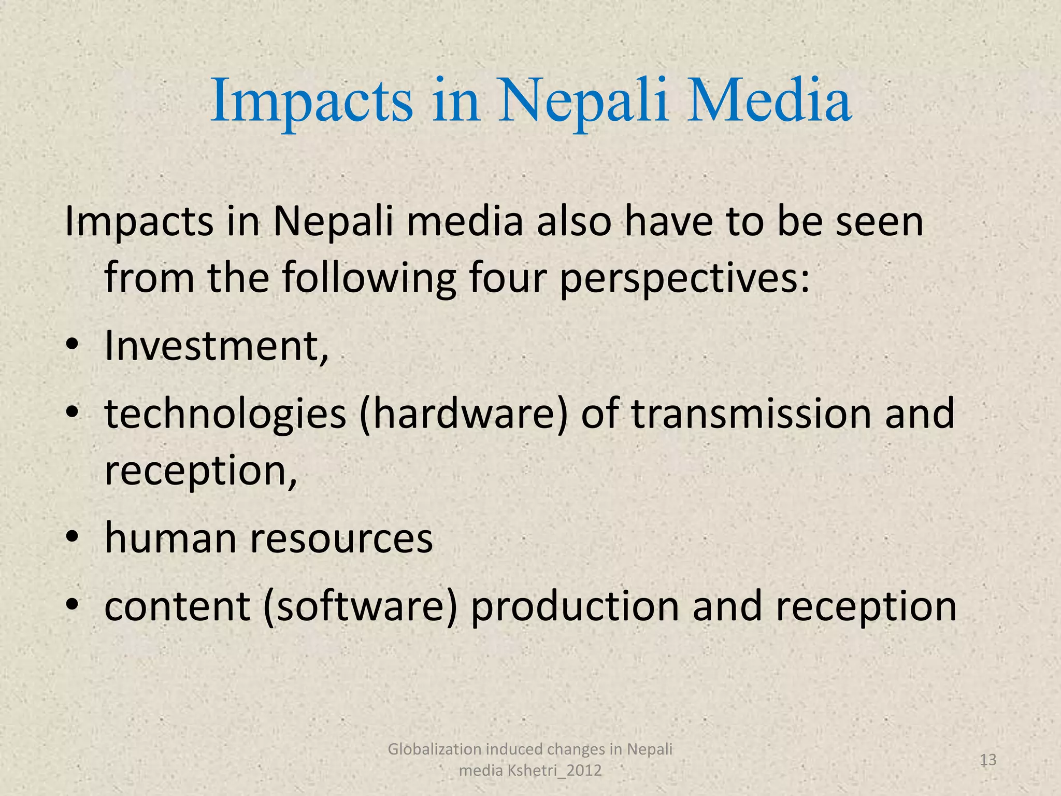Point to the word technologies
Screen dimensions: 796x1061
tap(225, 415)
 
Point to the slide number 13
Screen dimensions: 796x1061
tap(988, 760)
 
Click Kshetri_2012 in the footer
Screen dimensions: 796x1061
tap(554, 771)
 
